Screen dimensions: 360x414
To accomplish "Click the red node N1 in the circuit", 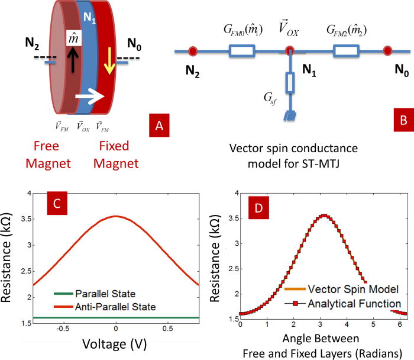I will [x=289, y=52].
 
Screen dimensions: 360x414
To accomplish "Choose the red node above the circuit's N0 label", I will [x=387, y=52].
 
